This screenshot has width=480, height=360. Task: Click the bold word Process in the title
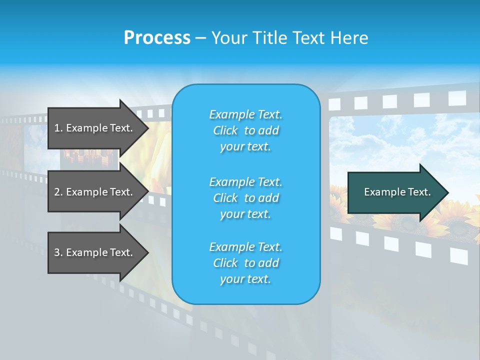point(157,38)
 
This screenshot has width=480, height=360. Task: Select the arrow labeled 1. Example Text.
point(95,128)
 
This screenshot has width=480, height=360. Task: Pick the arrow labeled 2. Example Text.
point(95,192)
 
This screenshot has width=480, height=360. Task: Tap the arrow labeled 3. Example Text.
point(95,252)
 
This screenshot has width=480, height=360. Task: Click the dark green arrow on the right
point(395,192)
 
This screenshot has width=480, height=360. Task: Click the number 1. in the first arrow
point(58,128)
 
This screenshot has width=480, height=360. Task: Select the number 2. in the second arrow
point(58,192)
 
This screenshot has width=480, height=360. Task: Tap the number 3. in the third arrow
point(58,253)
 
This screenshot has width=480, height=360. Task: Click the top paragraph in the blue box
point(245,130)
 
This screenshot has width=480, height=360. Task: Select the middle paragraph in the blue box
point(245,198)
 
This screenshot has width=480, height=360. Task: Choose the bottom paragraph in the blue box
point(245,263)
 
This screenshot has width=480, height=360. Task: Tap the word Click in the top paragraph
point(225,131)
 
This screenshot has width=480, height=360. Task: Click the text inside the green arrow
point(397,192)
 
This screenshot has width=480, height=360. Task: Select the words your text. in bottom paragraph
point(245,279)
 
